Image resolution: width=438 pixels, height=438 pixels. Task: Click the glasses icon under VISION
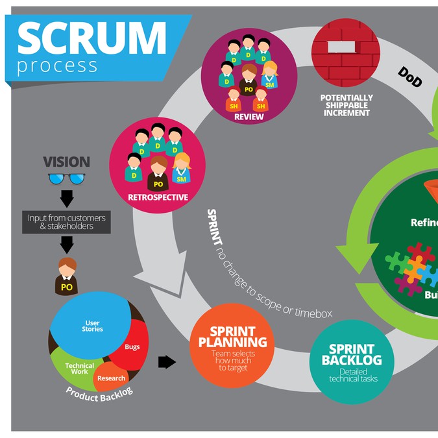pyautogui.click(x=66, y=179)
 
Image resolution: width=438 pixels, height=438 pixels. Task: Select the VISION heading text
pyautogui.click(x=66, y=162)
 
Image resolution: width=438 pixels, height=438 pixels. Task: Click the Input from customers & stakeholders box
pyautogui.click(x=66, y=221)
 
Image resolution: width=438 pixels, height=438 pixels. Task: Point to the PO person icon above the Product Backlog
pyautogui.click(x=66, y=276)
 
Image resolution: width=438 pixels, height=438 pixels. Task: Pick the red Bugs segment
pyautogui.click(x=134, y=346)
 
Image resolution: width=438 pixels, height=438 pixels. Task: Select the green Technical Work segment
pyautogui.click(x=78, y=369)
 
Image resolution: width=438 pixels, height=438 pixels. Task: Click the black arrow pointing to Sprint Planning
pyautogui.click(x=167, y=362)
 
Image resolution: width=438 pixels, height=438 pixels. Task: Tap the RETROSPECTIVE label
pyautogui.click(x=158, y=197)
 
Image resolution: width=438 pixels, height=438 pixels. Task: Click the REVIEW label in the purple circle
pyautogui.click(x=249, y=117)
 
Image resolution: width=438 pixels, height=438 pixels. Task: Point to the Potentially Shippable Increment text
pyautogui.click(x=347, y=105)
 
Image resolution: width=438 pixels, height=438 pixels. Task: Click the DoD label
pyautogui.click(x=410, y=77)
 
